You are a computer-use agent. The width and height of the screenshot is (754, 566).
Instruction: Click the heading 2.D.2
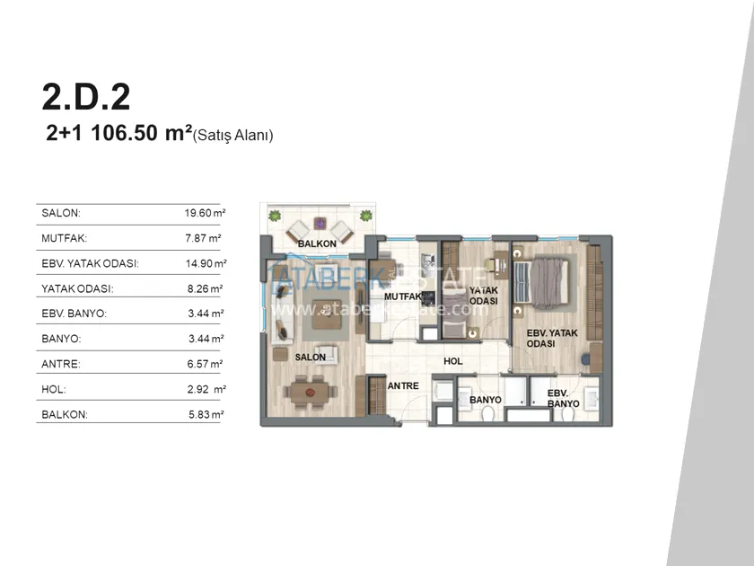[86, 97]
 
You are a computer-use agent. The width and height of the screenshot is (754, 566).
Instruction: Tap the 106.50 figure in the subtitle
[125, 133]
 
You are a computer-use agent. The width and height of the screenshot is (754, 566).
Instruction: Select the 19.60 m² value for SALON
[206, 213]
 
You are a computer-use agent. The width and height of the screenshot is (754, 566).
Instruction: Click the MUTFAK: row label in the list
[65, 238]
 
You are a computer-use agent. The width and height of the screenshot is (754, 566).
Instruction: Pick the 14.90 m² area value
[206, 263]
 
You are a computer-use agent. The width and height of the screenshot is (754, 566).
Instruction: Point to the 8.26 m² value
[205, 288]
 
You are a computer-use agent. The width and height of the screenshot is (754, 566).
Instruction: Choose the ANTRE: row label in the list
[61, 364]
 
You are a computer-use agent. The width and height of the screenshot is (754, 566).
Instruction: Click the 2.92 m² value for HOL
[206, 389]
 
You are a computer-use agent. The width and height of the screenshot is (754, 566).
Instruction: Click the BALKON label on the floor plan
[317, 244]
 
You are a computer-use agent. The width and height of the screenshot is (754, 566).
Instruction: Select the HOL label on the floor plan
[453, 361]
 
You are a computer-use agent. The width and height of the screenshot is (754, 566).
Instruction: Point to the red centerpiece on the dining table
[309, 393]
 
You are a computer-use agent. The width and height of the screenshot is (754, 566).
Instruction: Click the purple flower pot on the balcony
[320, 224]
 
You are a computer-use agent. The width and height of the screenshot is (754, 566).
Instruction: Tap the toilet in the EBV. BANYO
[567, 414]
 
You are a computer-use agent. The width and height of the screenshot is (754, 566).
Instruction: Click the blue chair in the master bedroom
[585, 359]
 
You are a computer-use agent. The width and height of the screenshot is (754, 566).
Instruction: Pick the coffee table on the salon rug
[327, 314]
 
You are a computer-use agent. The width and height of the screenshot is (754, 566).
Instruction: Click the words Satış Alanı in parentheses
[232, 136]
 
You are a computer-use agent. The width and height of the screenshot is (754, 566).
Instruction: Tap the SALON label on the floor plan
[311, 358]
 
